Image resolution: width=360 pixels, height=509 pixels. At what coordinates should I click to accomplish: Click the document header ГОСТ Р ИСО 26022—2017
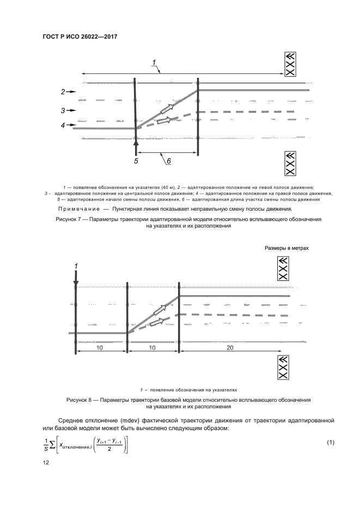click(80, 36)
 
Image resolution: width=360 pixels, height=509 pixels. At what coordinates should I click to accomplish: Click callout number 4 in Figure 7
click(63, 125)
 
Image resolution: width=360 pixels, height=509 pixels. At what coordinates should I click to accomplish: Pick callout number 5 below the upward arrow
click(137, 161)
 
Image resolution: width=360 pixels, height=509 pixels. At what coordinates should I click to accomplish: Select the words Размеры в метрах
click(286, 248)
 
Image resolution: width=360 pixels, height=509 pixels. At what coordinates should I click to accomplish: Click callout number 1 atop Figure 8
click(76, 265)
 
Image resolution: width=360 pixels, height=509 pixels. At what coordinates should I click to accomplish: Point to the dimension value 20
click(230, 346)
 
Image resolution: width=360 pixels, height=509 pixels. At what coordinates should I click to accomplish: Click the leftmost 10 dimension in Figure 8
click(100, 346)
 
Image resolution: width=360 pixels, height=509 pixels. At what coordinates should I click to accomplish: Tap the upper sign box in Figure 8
click(283, 269)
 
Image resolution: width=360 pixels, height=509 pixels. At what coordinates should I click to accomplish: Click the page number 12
click(46, 462)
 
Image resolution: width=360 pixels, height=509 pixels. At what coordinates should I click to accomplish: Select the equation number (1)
click(330, 441)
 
